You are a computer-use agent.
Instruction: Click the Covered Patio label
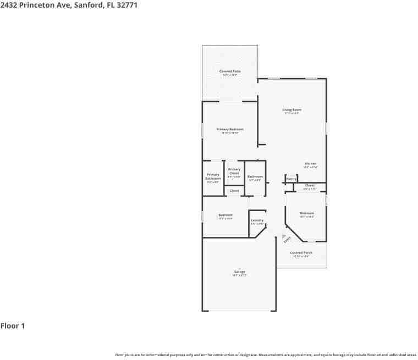tap(230, 71)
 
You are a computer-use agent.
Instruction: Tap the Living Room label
tap(292, 110)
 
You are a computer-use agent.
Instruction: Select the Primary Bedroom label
tap(230, 129)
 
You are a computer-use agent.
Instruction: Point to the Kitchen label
tap(311, 164)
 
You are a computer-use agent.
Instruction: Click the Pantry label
tap(291, 179)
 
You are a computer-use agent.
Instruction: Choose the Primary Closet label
tap(234, 171)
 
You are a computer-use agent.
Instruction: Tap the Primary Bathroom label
tap(213, 177)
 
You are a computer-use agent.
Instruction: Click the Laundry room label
tap(257, 220)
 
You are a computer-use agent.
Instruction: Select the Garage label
tap(239, 272)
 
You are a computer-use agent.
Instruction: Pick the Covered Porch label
tap(301, 253)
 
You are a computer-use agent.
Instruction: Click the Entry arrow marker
tap(284, 237)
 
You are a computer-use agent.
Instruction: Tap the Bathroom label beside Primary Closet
tap(255, 176)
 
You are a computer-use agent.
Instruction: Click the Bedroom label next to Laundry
tap(226, 215)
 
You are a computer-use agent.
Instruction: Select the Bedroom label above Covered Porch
tap(307, 213)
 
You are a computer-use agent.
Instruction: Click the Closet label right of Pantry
tap(310, 186)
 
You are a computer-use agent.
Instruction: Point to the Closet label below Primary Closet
tap(234, 191)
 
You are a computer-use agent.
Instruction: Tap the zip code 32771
tap(125, 5)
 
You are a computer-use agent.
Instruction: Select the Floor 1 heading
tap(13, 326)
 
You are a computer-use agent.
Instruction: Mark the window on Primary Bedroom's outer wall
tap(202, 130)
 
